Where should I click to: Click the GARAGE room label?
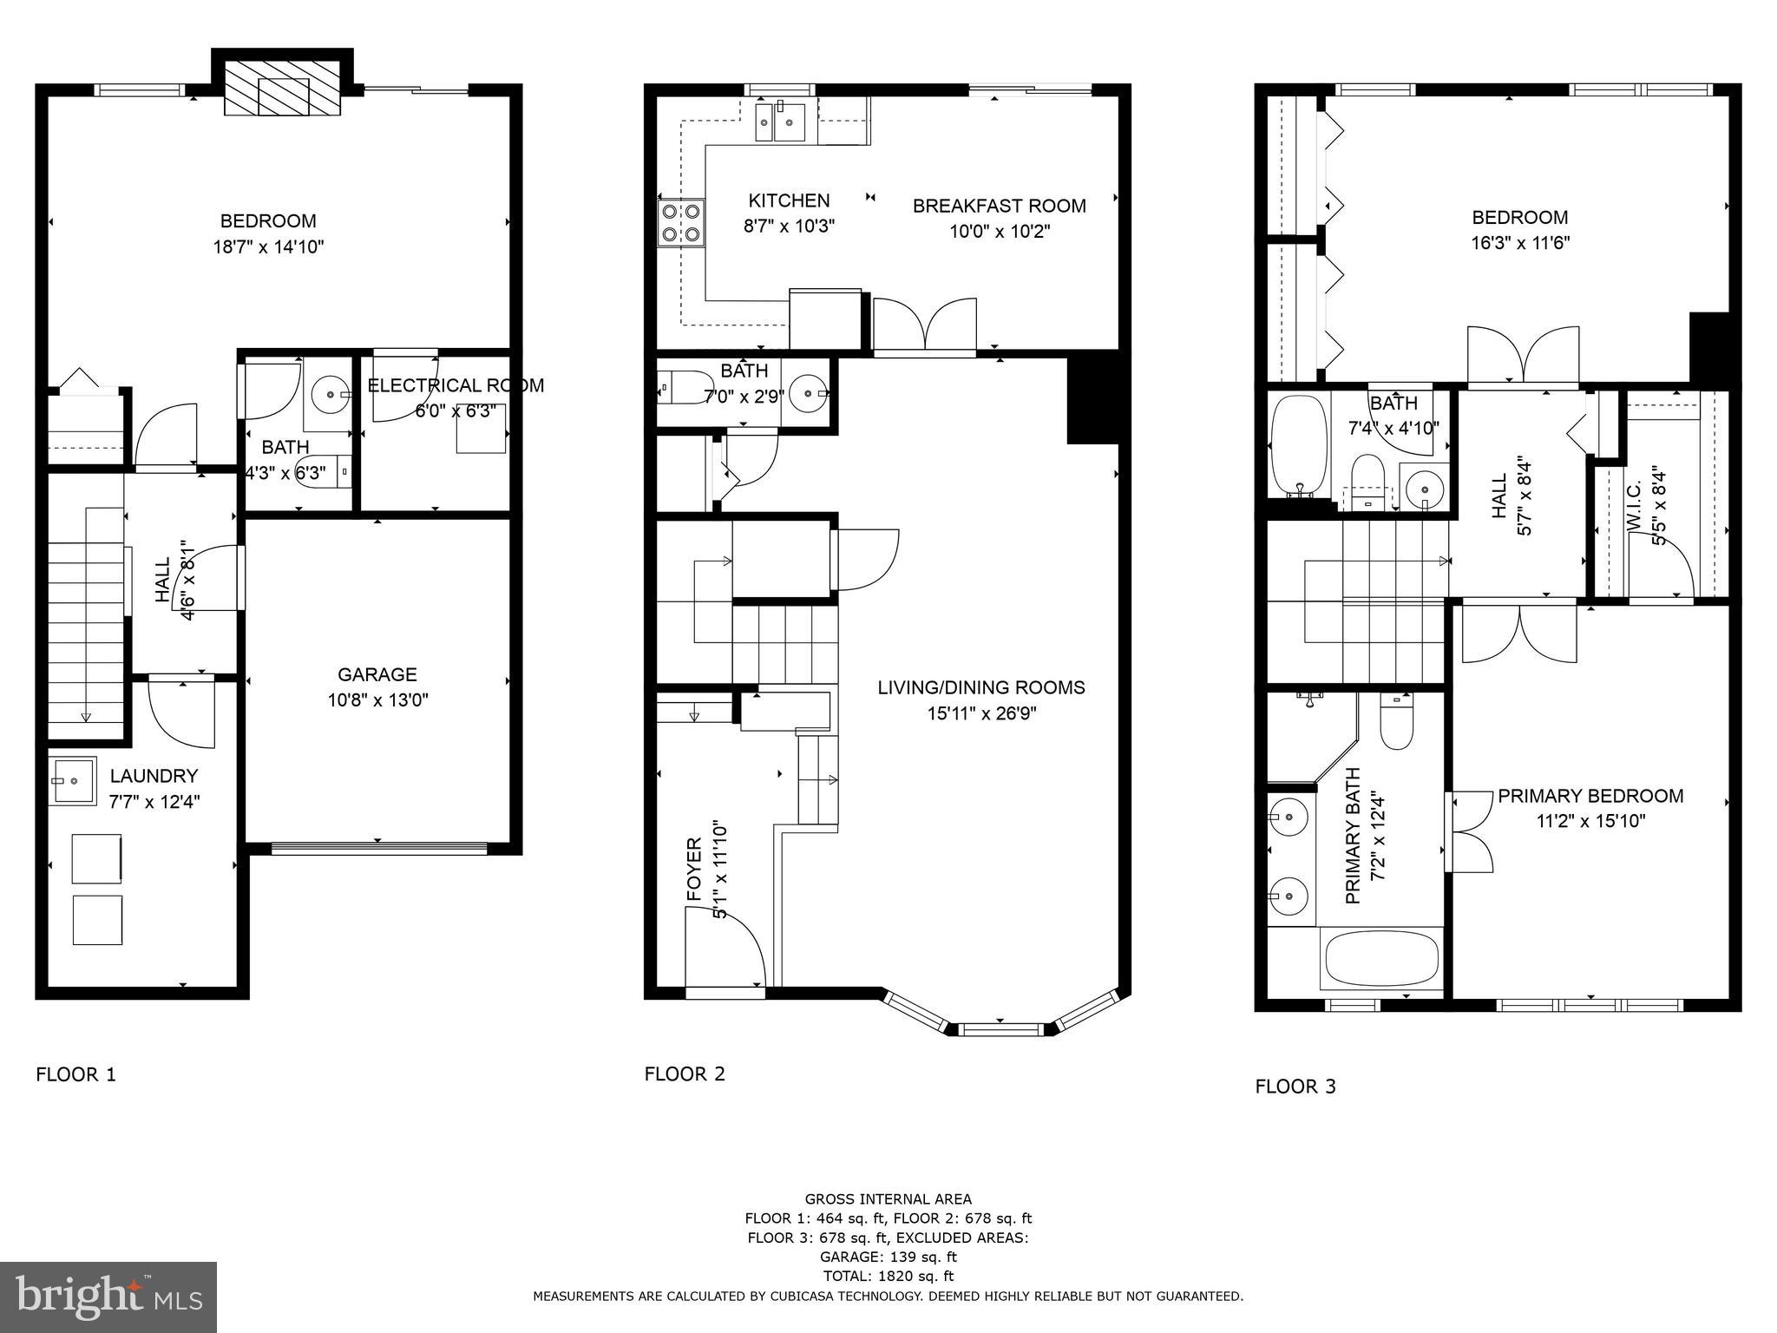point(377,674)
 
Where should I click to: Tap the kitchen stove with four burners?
point(681,222)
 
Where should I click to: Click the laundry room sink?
point(73,781)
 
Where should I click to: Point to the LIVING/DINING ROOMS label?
point(980,688)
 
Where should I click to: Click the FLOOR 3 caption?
point(1295,1086)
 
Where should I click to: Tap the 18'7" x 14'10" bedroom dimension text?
point(268,246)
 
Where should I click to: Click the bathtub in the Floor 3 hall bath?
point(1299,445)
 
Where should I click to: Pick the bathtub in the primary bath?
point(1380,959)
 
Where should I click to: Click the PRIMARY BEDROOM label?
point(1590,796)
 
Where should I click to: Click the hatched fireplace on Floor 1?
point(282,87)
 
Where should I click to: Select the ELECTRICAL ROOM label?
point(456,385)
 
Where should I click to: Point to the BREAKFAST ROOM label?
point(999,207)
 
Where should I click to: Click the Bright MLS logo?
point(108,1297)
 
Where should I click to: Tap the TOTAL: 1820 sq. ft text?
point(888,1276)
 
